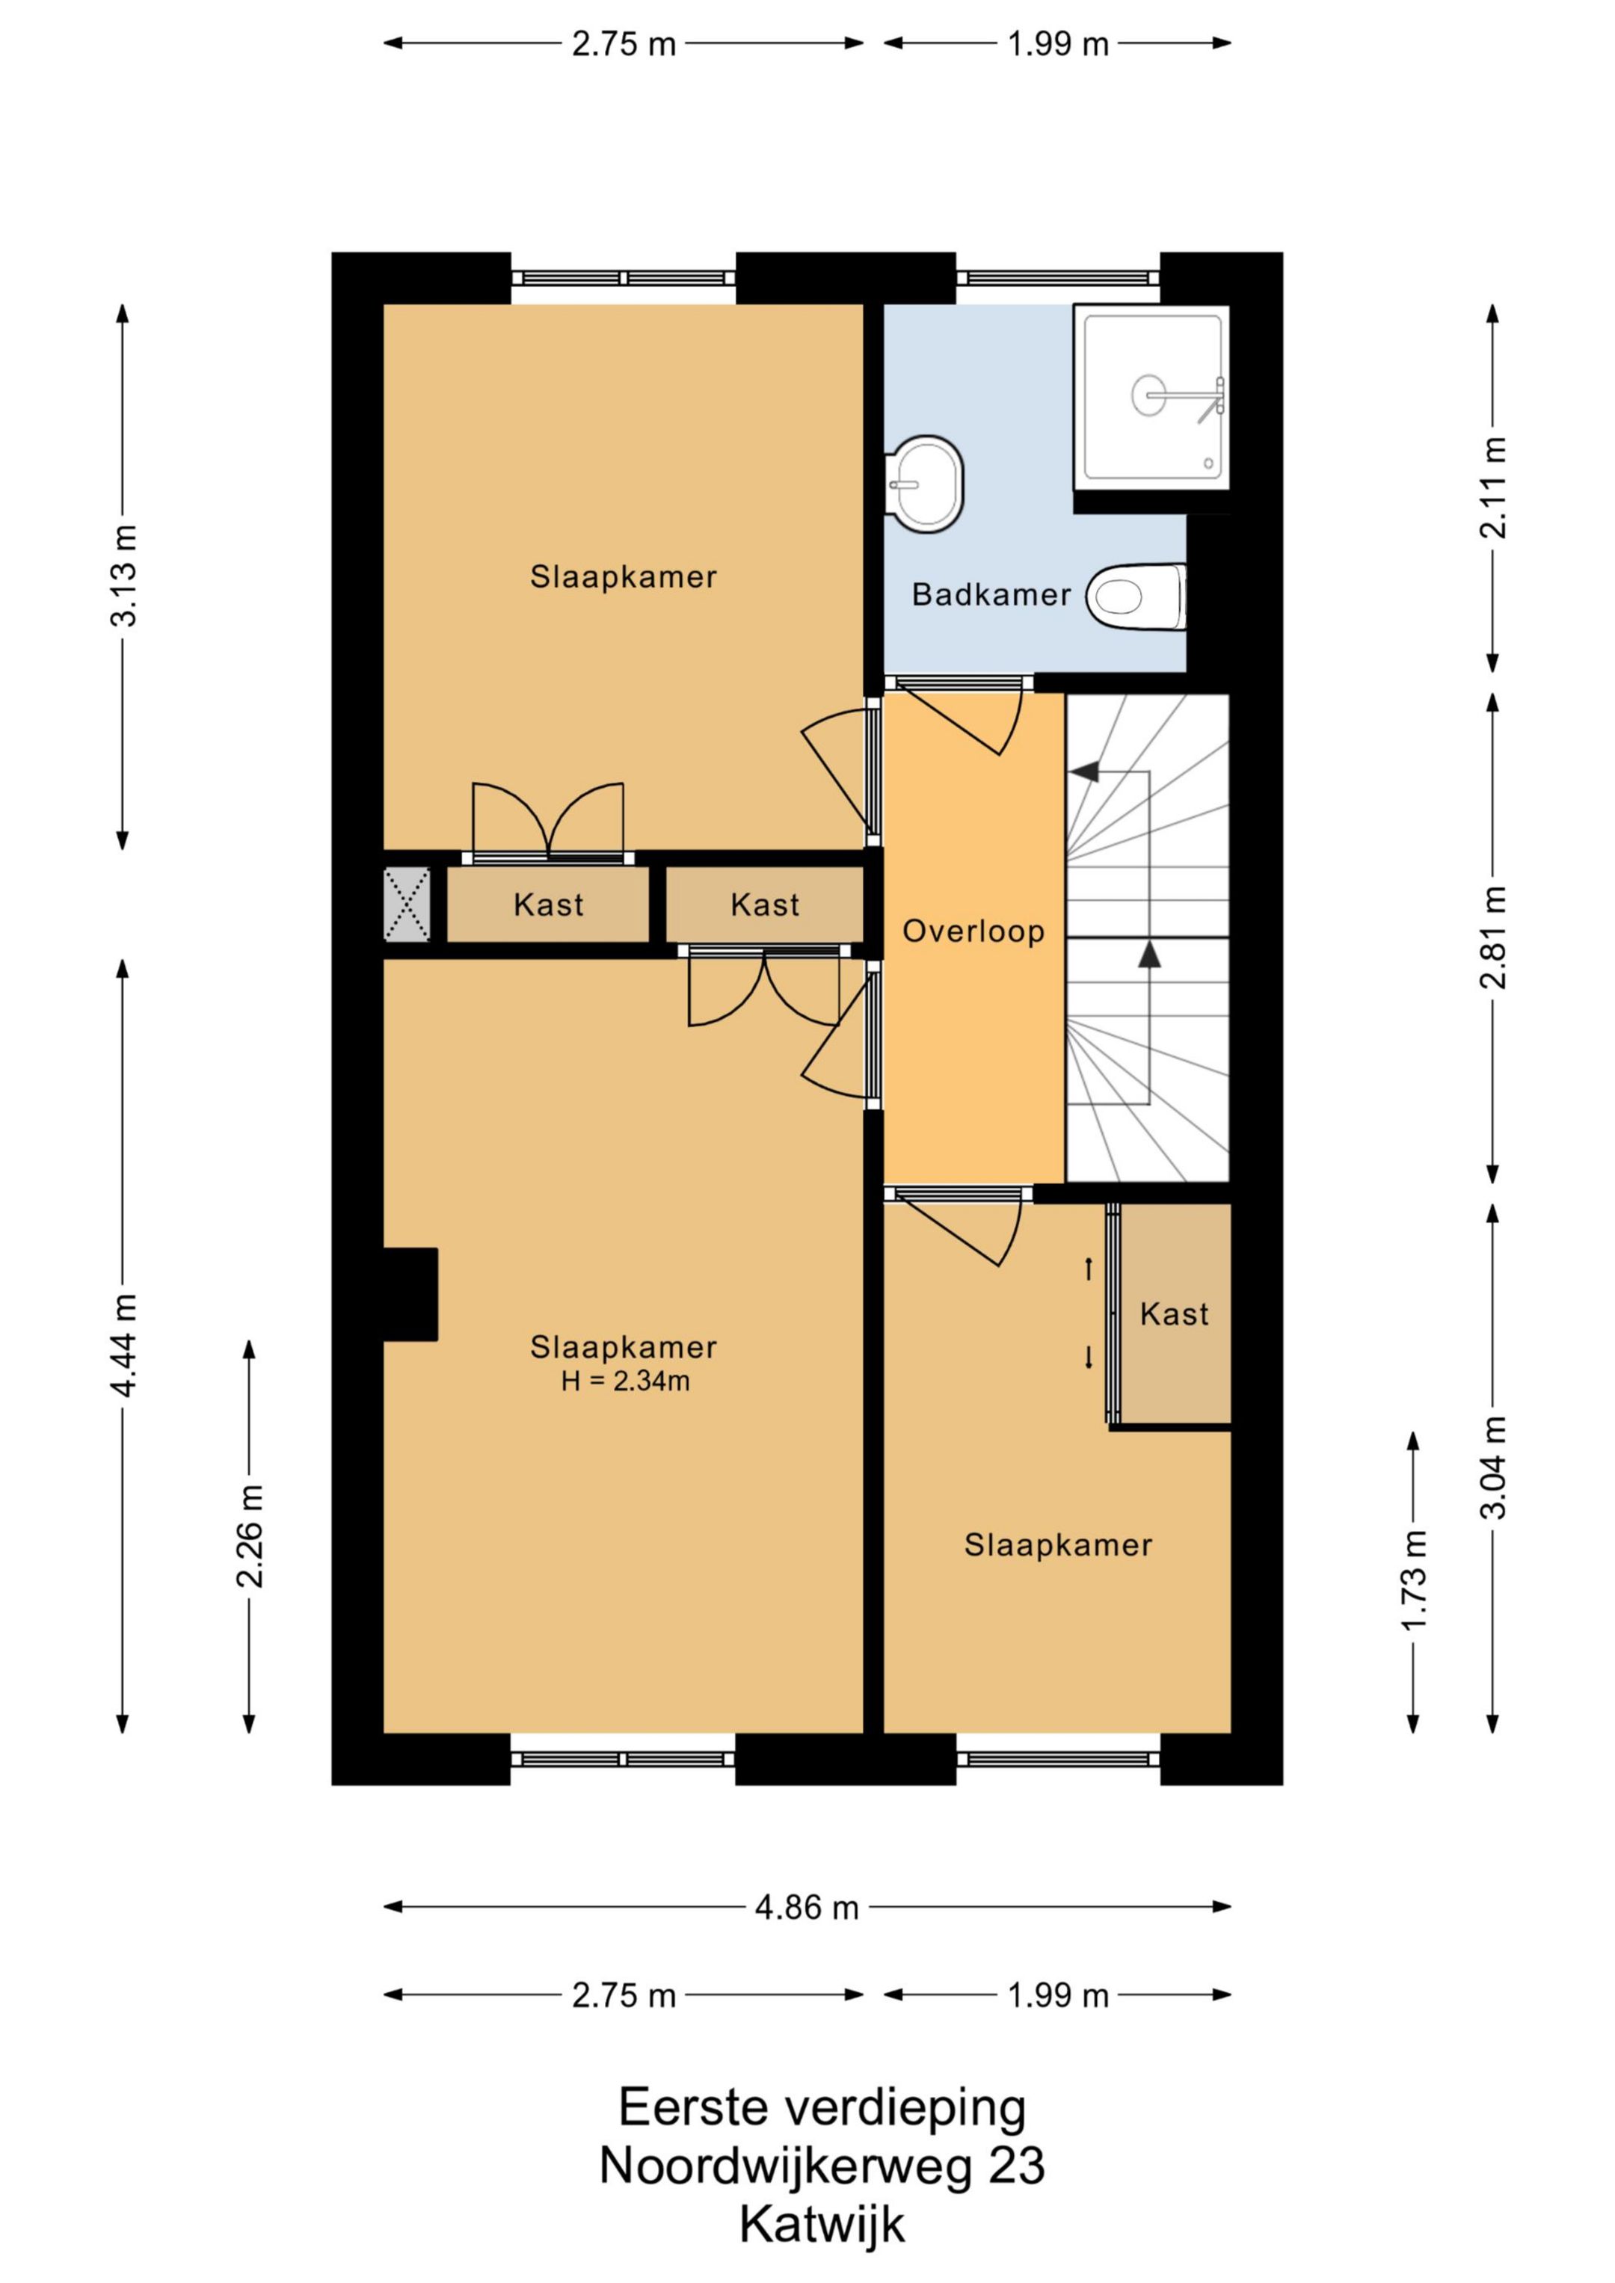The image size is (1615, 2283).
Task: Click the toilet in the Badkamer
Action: (x=1136, y=597)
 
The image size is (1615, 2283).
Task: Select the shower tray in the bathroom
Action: (x=1151, y=397)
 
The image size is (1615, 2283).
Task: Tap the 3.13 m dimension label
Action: (x=124, y=576)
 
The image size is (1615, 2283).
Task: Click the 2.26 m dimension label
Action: (x=250, y=1536)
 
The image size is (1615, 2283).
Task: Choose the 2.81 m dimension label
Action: (x=1494, y=937)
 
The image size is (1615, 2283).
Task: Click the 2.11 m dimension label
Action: (x=1494, y=487)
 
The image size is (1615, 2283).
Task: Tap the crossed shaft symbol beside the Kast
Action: (x=407, y=904)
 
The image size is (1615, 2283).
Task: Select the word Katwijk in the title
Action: (x=822, y=2225)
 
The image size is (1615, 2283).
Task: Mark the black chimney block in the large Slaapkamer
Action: (x=410, y=1295)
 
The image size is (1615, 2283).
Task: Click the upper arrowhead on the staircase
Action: (x=1085, y=771)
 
